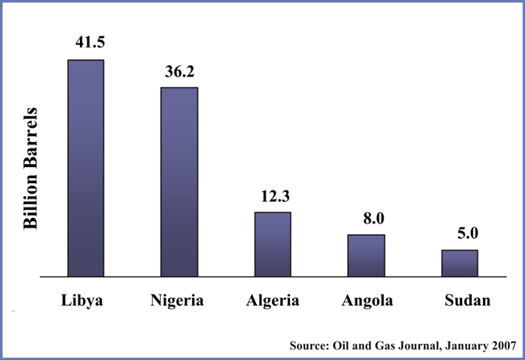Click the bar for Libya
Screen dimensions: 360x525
click(x=86, y=168)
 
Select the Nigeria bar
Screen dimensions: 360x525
click(x=179, y=182)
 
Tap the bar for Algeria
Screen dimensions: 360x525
click(x=272, y=245)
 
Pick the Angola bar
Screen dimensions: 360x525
click(x=366, y=256)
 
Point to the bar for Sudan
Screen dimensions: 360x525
click(x=460, y=263)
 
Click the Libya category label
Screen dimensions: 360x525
click(x=86, y=301)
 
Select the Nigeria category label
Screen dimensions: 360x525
click(x=179, y=302)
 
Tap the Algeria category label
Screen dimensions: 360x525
click(x=273, y=302)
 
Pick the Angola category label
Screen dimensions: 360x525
click(x=367, y=302)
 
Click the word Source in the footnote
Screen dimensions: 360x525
click(x=308, y=345)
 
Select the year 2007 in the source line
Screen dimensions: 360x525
click(x=500, y=345)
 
